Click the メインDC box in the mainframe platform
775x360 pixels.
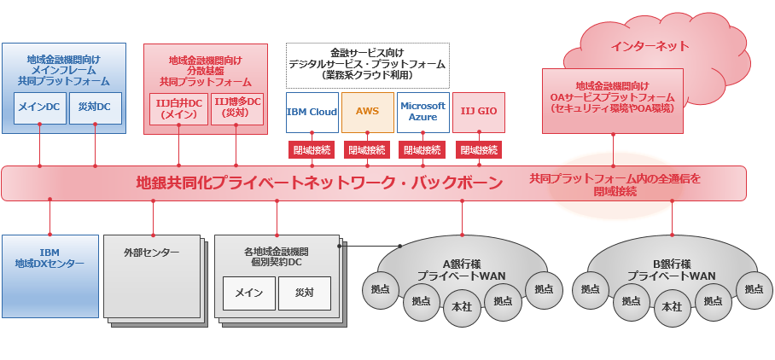(x=40, y=107)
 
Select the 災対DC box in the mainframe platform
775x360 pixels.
(x=95, y=107)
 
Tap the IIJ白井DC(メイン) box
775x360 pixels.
(x=178, y=109)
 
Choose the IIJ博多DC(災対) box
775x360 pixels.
(x=235, y=109)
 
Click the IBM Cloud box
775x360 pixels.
(x=312, y=112)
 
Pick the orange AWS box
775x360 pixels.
(x=367, y=112)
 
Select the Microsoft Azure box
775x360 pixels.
(x=422, y=112)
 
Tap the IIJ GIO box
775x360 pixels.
(x=478, y=112)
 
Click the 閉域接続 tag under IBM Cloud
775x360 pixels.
(x=312, y=150)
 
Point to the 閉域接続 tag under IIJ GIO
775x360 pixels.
(x=478, y=150)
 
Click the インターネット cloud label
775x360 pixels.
(x=650, y=46)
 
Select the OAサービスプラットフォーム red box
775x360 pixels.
(x=613, y=100)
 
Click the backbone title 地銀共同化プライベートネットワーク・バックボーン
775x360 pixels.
(x=319, y=183)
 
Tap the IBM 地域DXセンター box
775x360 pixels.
(x=50, y=258)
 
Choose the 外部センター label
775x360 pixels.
(x=151, y=253)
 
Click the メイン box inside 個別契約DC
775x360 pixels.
(x=248, y=293)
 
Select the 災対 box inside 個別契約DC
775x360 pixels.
(x=304, y=293)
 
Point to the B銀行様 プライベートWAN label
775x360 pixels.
(x=671, y=270)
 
